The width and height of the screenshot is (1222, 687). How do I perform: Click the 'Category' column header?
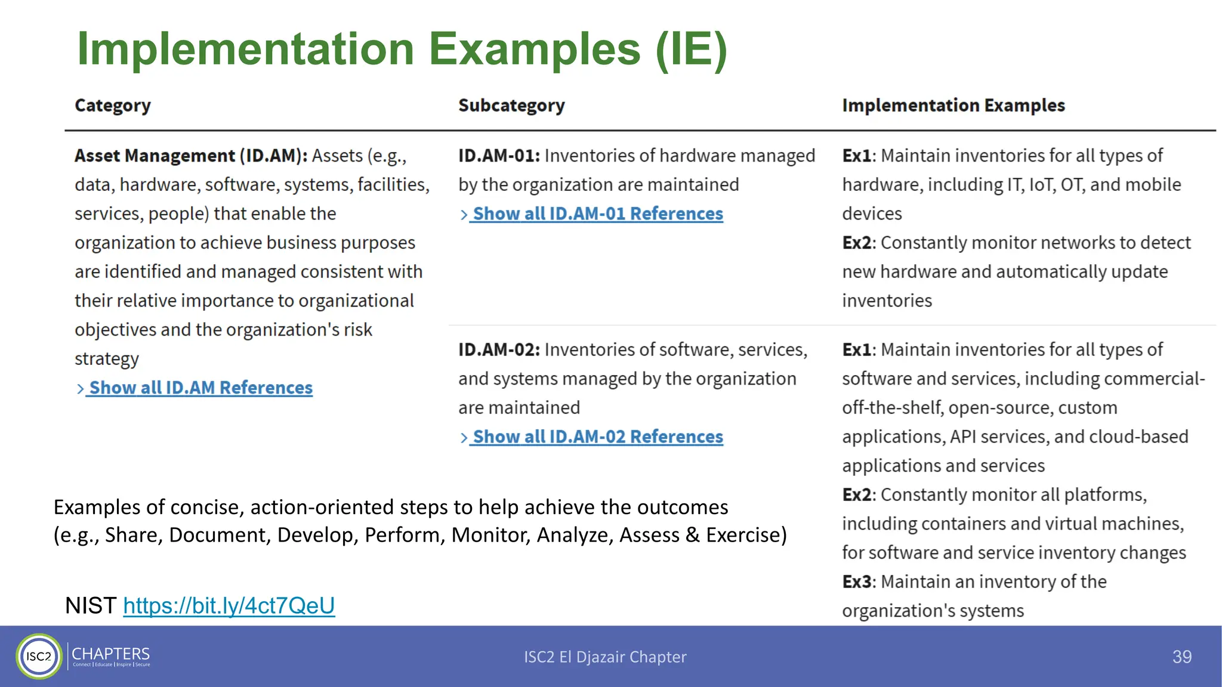(x=113, y=106)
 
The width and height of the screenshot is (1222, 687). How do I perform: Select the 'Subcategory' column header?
(x=511, y=106)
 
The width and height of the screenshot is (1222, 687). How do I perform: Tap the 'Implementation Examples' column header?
(x=953, y=106)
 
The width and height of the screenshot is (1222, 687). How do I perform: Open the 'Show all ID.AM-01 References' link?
(x=597, y=213)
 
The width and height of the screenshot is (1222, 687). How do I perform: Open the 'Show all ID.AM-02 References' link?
(x=597, y=437)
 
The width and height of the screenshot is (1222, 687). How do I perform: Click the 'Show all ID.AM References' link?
(x=200, y=388)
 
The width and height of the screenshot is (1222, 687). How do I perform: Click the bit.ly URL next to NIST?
(x=229, y=605)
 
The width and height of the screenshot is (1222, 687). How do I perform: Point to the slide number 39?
(x=1181, y=657)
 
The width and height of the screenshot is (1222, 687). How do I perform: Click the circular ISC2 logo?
(x=39, y=656)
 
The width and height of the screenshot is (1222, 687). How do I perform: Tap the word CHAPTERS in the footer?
(x=111, y=654)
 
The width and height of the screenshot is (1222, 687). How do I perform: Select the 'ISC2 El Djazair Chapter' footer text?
(x=605, y=657)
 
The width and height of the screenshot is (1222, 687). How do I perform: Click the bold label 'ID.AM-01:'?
(x=499, y=156)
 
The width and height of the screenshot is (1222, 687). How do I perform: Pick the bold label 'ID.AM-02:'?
(x=499, y=349)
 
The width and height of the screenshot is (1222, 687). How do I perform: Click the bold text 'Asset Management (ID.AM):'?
(x=191, y=156)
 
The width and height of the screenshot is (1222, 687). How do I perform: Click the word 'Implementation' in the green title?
(x=245, y=49)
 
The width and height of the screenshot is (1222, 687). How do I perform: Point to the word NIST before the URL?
(x=91, y=605)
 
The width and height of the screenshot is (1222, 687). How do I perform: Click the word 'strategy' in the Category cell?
(x=107, y=359)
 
